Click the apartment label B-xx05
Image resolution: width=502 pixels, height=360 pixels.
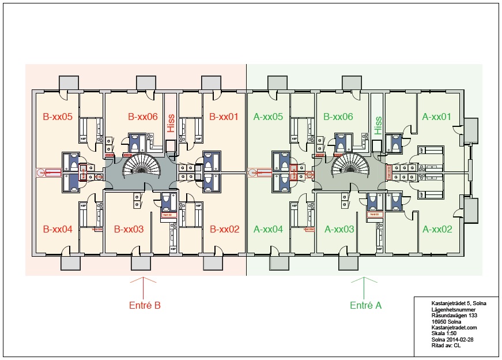click(58, 117)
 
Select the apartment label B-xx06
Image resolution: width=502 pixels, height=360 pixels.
click(142, 117)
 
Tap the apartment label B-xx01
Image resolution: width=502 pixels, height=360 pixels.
click(224, 117)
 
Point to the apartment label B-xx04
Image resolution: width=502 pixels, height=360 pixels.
click(58, 229)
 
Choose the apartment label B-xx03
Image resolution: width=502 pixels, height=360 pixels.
click(129, 229)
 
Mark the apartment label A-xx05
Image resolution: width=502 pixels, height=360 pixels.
click(268, 117)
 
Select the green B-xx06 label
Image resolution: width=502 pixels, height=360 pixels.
click(339, 117)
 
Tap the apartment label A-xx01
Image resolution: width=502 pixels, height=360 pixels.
click(436, 117)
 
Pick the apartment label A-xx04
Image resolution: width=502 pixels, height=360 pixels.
click(268, 229)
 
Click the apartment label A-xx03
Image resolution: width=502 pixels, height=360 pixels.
click(339, 229)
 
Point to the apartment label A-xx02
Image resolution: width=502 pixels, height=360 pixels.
click(436, 229)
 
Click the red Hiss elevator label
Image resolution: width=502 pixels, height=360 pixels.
click(171, 123)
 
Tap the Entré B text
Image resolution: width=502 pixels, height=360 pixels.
click(144, 305)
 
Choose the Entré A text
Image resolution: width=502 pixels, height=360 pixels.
click(366, 305)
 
